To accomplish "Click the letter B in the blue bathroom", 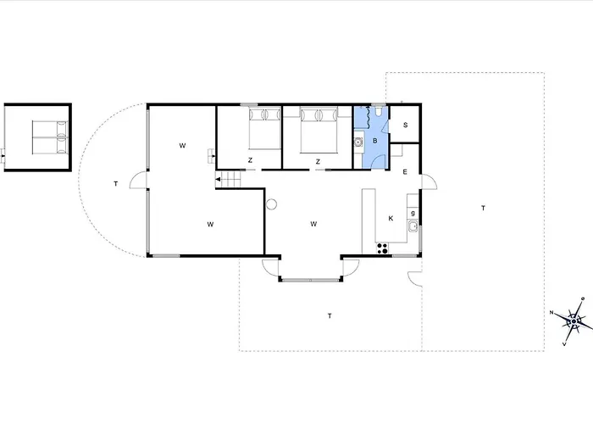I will (x=374, y=140).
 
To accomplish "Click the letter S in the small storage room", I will (x=406, y=126).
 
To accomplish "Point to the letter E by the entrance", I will (x=405, y=172).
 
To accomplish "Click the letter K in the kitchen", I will (x=391, y=218).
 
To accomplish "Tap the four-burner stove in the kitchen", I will (x=381, y=248).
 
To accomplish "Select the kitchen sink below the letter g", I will (x=413, y=226).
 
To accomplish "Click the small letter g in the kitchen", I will (x=413, y=213).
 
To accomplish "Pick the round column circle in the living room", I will (x=272, y=204).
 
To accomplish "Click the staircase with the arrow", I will (x=230, y=180).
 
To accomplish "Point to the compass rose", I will (x=574, y=320).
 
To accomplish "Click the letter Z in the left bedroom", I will (x=251, y=160).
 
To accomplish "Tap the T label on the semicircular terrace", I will (x=115, y=184).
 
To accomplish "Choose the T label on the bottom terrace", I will (x=329, y=315).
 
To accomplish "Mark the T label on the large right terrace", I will (x=483, y=208).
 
